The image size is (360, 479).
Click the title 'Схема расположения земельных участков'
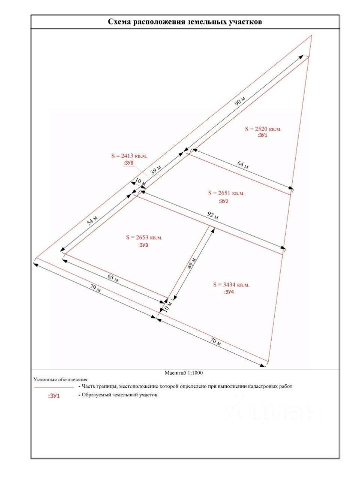tap(185, 22)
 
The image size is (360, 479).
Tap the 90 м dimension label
tap(240, 101)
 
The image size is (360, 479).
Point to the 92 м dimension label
tap(213, 216)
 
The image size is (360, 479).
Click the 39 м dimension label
tap(156, 169)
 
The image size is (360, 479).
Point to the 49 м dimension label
tap(191, 265)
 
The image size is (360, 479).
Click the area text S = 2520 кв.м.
tap(263, 129)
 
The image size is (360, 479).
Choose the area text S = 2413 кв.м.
tap(129, 156)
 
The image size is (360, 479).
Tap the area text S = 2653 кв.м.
tap(144, 238)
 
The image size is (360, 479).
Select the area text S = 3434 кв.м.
tap(231, 285)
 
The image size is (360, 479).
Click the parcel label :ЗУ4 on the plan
tap(230, 292)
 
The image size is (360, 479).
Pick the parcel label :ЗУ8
tap(128, 163)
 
